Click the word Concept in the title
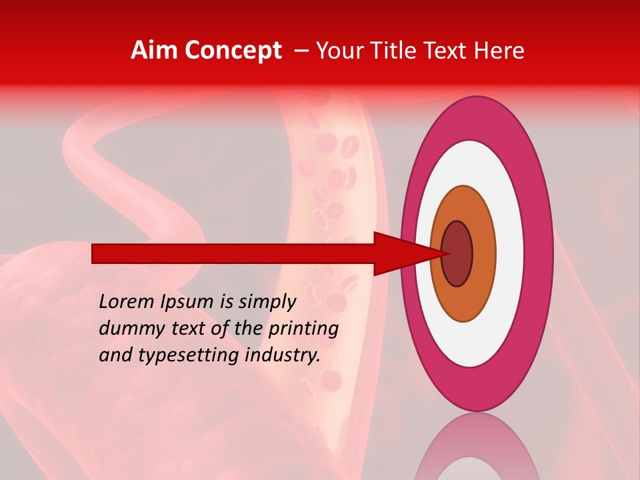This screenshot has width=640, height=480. point(233,51)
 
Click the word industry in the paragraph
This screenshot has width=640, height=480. point(283,355)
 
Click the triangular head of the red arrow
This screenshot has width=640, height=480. point(400,254)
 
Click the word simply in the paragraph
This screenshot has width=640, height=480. point(266,302)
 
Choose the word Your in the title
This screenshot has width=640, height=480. point(339,51)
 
